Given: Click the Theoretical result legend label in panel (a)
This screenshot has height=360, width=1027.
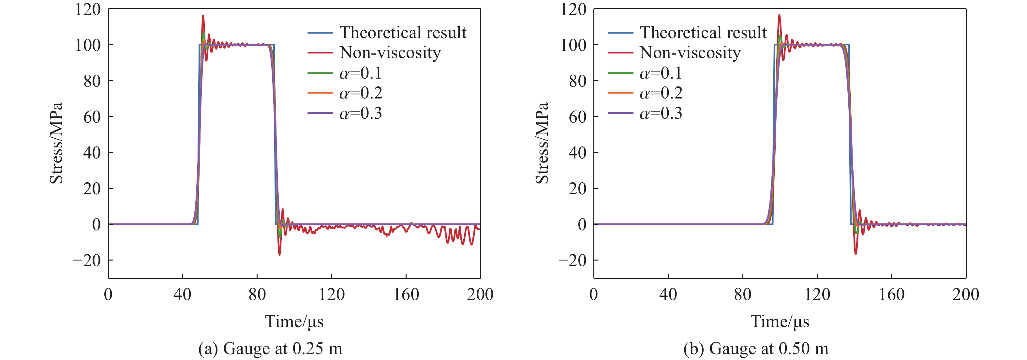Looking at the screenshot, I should click(403, 32).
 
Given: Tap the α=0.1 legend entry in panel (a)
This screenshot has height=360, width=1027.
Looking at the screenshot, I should click(360, 73).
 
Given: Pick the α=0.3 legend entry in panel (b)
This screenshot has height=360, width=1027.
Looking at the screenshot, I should click(661, 113).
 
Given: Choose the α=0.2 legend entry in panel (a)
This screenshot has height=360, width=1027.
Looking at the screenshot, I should click(360, 93).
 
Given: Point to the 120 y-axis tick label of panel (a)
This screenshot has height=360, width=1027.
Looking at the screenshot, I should click(88, 9).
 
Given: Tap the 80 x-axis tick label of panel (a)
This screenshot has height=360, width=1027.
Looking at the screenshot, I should click(257, 294).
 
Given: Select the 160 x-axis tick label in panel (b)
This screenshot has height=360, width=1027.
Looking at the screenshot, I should click(891, 294).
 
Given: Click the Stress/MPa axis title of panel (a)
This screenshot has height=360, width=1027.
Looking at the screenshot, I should click(56, 143).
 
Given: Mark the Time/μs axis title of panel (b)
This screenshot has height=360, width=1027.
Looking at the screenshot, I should click(780, 321).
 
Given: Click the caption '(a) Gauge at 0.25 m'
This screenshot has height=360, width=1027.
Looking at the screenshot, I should click(270, 349).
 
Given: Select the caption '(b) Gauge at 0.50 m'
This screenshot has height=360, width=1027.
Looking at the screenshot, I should click(756, 349).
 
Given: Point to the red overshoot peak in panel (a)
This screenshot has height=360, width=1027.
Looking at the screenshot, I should click(203, 16).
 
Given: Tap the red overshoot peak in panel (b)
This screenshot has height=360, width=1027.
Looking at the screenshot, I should click(779, 15).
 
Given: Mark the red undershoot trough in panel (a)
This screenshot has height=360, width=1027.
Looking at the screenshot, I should click(279, 254).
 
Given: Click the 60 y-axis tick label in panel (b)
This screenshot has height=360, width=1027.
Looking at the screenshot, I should click(578, 117).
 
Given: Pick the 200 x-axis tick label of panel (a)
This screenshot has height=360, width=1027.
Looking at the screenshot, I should click(480, 294).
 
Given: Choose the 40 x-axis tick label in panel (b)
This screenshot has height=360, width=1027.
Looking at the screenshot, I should click(668, 294).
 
